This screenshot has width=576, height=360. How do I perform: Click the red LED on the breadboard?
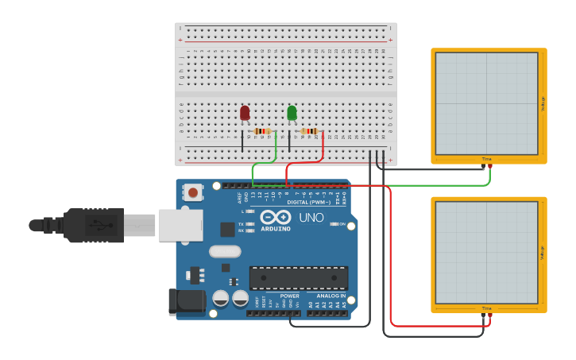245,114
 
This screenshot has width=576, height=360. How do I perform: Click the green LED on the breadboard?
292,113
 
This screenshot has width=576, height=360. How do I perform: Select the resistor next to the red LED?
262,131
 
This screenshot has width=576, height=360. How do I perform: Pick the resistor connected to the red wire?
310,131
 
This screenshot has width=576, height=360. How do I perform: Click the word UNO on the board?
311,217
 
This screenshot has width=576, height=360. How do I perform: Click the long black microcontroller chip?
299,278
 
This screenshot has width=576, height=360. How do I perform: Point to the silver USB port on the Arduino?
179,225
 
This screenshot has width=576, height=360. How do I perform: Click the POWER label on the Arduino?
290,296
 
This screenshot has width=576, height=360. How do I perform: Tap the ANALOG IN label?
332,296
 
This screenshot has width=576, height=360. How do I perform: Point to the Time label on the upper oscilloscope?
486,159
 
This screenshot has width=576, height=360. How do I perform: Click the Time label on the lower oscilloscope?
486,308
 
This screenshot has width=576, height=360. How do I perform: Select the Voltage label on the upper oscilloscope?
543,104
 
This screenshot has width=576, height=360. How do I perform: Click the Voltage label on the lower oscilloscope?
543,253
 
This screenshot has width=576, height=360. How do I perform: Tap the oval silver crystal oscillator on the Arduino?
225,252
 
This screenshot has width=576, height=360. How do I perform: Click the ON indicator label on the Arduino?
342,224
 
